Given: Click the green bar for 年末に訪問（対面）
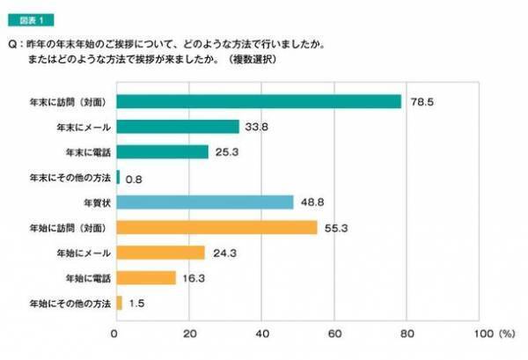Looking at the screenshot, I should pyautogui.click(x=258, y=101).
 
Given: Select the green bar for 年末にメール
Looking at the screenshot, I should pyautogui.click(x=177, y=127).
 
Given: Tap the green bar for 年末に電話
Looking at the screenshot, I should pyautogui.click(x=162, y=151).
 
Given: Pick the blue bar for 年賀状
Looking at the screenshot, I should pyautogui.click(x=204, y=202).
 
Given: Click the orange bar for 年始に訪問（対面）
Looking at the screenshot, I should pyautogui.click(x=216, y=227).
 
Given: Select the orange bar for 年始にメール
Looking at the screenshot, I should pyautogui.click(x=160, y=253).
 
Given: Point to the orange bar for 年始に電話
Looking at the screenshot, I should pyautogui.click(x=145, y=278).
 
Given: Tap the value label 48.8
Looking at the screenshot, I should pyautogui.click(x=308, y=202).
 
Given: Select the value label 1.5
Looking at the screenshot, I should pyautogui.click(x=136, y=305).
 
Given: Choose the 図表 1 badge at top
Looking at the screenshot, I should pyautogui.click(x=33, y=19).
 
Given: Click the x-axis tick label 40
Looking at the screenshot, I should pyautogui.click(x=261, y=334).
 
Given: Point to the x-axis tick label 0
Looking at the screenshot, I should pyautogui.click(x=115, y=334).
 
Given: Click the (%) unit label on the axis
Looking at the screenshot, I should pyautogui.click(x=506, y=334).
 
